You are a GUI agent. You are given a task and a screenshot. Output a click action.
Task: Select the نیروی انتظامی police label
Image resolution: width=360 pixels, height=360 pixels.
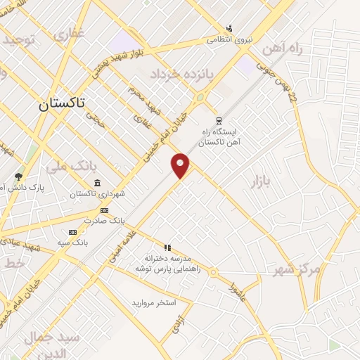click(228, 40)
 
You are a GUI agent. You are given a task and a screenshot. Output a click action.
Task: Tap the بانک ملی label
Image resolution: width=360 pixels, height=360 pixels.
click(70, 167)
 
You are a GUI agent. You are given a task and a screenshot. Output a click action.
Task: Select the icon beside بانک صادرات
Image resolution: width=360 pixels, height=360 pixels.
click(105, 210)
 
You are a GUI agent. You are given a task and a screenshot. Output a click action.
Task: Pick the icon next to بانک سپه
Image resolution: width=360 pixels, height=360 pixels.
click(72, 231)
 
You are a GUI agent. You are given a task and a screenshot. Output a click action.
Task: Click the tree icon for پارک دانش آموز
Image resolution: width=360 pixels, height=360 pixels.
click(18, 176)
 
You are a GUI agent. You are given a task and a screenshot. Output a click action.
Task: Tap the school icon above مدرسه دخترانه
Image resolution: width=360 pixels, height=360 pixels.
click(167, 247)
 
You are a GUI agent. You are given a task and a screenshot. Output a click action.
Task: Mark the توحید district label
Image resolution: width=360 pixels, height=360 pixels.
click(18, 39)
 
